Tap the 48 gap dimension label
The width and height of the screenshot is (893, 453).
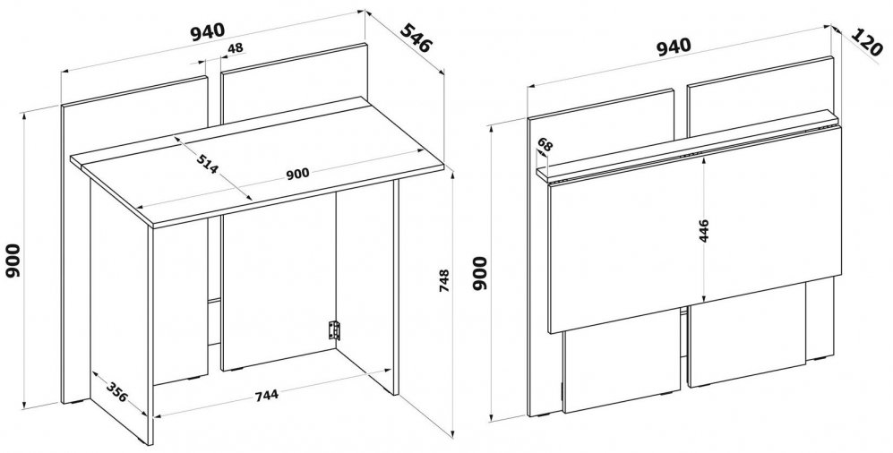click(236, 47)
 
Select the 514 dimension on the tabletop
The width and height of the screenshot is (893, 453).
click(207, 164)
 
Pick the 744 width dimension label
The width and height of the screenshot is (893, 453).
click(266, 395)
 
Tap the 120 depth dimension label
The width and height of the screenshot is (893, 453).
click(867, 42)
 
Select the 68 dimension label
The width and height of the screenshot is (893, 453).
click(545, 145)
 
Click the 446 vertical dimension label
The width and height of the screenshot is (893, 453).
click(704, 230)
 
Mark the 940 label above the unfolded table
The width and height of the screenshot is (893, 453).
click(208, 31)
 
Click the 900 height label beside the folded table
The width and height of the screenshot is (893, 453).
click(481, 273)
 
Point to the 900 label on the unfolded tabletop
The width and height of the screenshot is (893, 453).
click(297, 173)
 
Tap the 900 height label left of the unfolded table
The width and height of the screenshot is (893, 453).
click(13, 261)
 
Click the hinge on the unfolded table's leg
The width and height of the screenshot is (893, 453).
click(334, 330)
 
